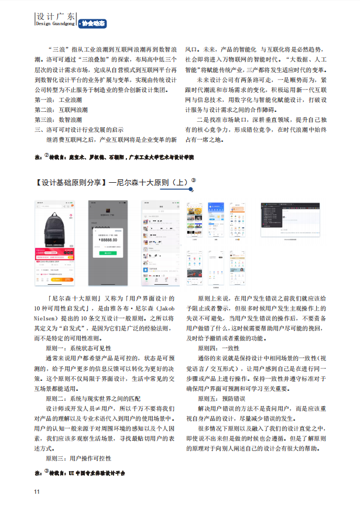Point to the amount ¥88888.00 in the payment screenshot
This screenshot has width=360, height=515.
pos(108,240)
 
